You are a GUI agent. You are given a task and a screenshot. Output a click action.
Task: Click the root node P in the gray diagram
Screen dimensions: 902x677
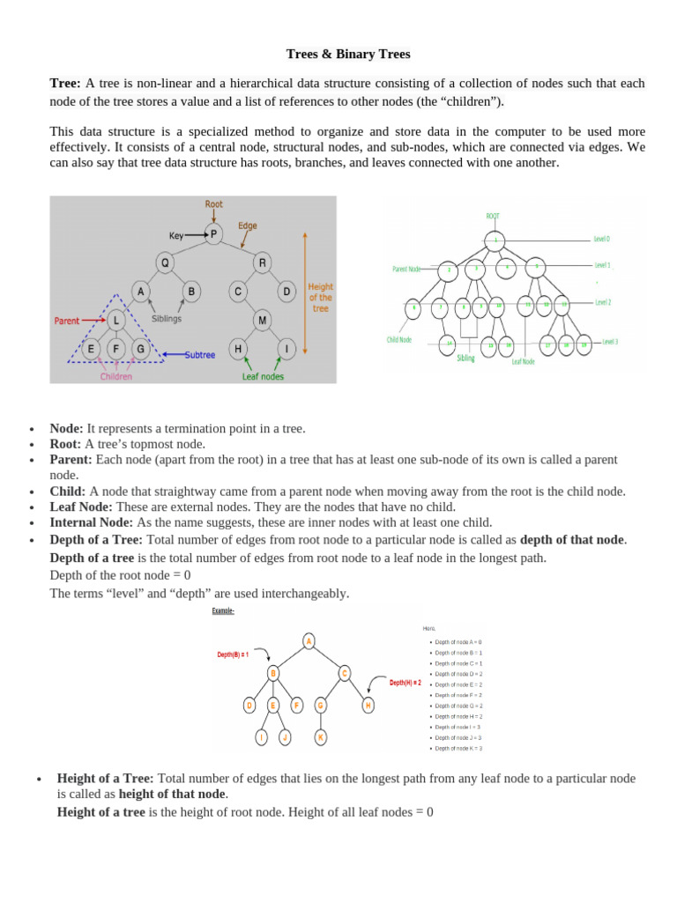pos(213,234)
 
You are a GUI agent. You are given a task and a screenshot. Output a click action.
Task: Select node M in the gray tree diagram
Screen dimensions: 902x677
pos(263,321)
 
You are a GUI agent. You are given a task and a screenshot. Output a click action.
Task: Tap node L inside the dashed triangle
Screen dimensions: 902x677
pos(115,321)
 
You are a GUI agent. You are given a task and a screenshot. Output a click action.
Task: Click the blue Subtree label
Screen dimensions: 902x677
pos(201,355)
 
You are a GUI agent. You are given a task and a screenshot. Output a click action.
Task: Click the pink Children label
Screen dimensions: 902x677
pos(115,376)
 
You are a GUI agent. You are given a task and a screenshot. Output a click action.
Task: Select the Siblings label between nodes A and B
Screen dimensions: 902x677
pos(167,318)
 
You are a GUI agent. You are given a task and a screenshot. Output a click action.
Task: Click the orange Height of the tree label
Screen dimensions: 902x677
pos(320,298)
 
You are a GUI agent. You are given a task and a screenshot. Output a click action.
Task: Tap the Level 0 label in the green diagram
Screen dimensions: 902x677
pos(601,239)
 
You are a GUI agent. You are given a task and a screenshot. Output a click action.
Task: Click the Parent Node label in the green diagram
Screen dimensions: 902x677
pos(407,269)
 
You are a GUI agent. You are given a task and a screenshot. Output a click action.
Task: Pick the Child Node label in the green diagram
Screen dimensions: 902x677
pos(399,338)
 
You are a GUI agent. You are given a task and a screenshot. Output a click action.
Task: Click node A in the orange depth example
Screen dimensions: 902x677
pos(309,641)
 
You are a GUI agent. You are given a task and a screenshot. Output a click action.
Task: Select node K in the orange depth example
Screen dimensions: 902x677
pos(321,736)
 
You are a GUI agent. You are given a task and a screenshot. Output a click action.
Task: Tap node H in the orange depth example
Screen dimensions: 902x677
pos(368,705)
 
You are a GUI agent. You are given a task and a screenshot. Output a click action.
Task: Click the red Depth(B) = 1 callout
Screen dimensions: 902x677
pos(233,654)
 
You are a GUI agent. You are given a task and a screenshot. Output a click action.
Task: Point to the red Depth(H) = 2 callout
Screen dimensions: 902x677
pos(405,682)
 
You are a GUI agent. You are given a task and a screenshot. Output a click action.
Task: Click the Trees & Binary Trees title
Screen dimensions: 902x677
pos(348,54)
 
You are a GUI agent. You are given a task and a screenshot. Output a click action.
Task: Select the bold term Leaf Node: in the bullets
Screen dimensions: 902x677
pos(81,506)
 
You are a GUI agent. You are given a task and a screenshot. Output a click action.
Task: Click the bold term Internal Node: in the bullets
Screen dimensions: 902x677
pos(91,522)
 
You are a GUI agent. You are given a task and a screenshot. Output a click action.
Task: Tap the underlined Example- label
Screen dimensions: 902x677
pos(223,610)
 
